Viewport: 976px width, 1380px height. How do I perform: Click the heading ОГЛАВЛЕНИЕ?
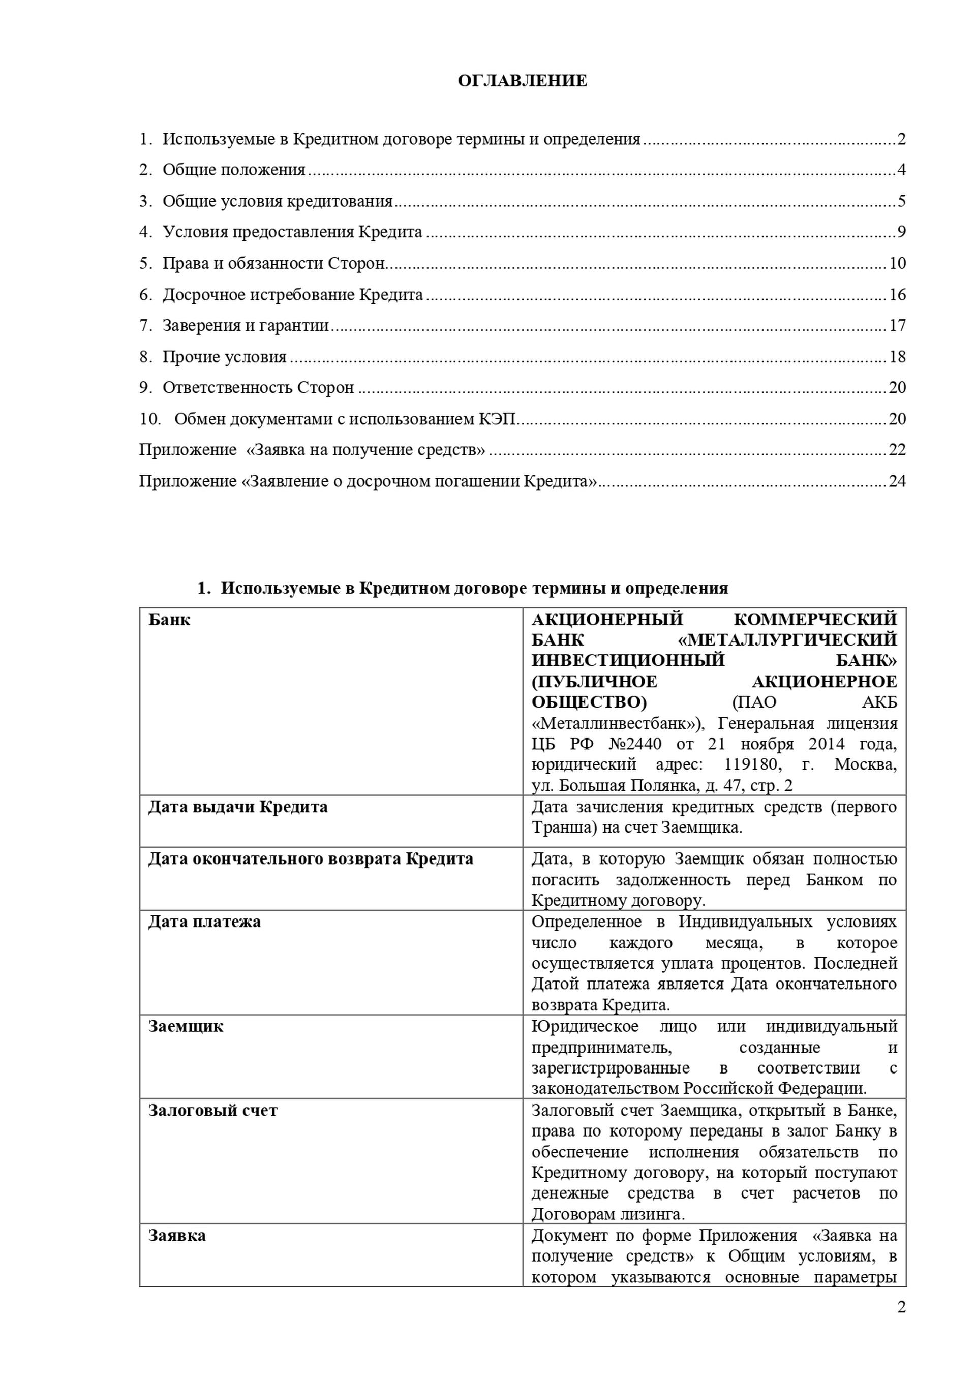point(522,81)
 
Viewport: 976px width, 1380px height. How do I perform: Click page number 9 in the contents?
point(901,232)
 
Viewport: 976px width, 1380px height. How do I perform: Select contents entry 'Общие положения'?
point(234,170)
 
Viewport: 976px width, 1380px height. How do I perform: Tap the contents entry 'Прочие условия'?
point(224,357)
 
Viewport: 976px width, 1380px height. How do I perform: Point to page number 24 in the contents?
point(897,481)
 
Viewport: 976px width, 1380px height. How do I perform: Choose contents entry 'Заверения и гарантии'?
point(246,326)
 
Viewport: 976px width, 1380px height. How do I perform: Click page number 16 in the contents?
point(897,294)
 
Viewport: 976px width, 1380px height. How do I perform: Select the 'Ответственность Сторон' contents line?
point(258,388)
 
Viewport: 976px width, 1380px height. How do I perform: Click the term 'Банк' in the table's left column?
point(169,620)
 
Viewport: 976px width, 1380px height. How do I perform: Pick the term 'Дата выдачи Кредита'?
point(238,807)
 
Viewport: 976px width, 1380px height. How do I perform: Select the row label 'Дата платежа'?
point(204,922)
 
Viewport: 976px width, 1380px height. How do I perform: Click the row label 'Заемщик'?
point(186,1026)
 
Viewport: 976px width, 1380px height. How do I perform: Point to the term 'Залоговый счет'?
point(213,1110)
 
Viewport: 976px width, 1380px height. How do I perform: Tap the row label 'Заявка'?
point(177,1236)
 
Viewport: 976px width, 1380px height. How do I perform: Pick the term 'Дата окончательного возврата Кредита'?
point(311,859)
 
